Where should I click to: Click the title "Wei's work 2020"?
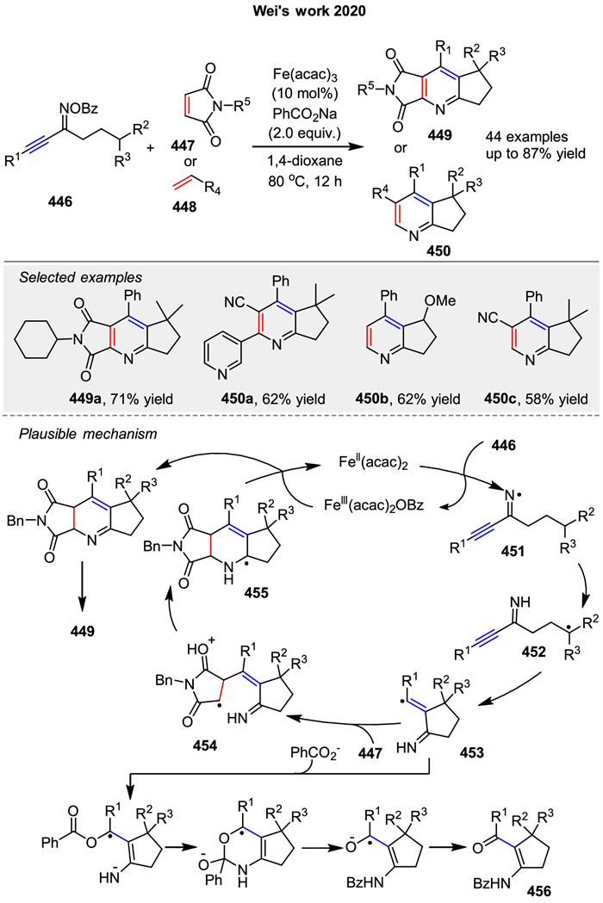pyautogui.click(x=302, y=11)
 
